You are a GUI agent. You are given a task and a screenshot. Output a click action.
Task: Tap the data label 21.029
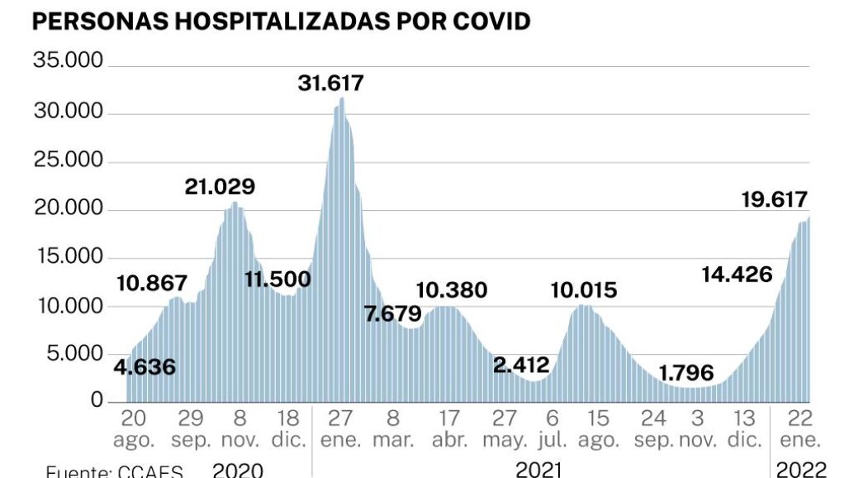point(220,187)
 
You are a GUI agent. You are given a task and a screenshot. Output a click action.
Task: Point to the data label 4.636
point(145,366)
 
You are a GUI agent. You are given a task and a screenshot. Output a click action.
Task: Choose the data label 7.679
point(392,314)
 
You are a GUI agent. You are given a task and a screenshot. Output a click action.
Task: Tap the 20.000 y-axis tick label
point(68,210)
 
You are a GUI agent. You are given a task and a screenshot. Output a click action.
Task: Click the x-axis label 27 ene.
point(341,427)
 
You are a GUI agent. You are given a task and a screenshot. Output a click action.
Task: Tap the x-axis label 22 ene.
point(798,427)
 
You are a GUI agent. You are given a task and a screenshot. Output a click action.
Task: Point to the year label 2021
point(539,470)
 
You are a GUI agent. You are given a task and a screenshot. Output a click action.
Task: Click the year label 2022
point(801,470)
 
